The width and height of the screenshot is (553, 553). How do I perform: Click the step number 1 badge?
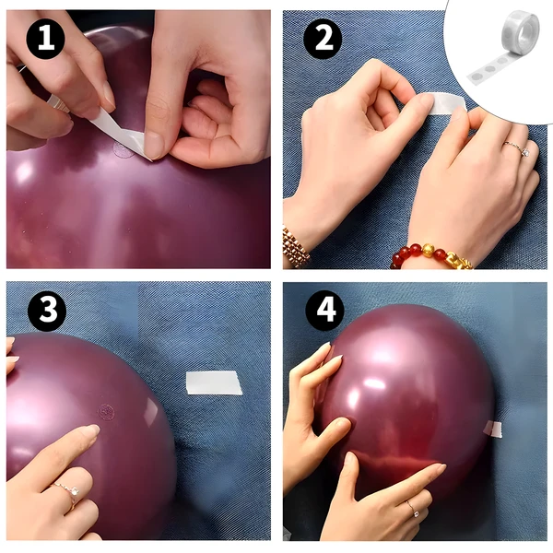(45, 39)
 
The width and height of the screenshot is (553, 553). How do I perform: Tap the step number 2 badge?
(323, 39)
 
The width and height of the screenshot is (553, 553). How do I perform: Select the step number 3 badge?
(47, 312)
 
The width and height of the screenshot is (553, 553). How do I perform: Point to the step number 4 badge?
(324, 311)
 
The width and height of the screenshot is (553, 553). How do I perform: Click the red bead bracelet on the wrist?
(432, 255)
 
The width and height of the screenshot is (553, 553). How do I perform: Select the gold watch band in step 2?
(295, 246)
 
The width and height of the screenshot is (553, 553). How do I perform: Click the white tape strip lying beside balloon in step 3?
(214, 382)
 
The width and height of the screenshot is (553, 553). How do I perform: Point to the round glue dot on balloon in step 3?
(106, 412)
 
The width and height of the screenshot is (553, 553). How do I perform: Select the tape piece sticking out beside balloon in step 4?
(493, 429)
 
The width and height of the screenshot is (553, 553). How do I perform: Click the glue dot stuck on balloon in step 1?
(124, 150)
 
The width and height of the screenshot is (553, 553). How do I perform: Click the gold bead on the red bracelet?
(428, 250)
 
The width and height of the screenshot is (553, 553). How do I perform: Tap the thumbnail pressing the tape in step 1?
(153, 146)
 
